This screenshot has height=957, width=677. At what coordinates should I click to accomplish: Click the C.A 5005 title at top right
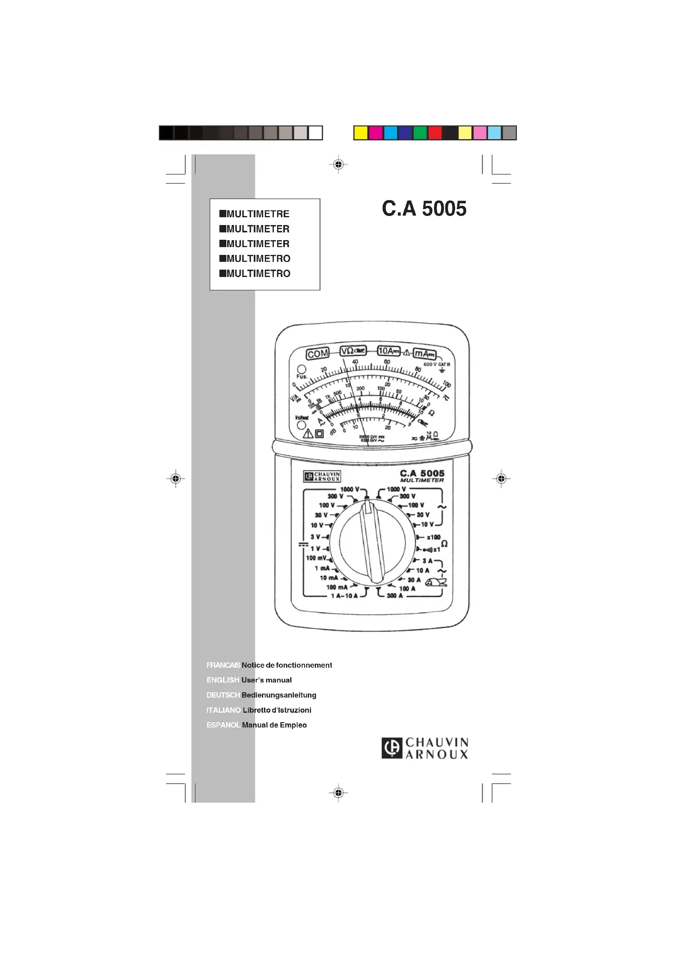click(424, 208)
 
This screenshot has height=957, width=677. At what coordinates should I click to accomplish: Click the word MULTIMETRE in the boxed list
click(257, 214)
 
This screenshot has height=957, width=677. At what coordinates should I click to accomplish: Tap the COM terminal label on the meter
click(318, 354)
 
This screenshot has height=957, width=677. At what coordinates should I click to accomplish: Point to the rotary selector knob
click(372, 543)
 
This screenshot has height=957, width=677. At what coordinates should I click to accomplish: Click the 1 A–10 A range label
click(344, 596)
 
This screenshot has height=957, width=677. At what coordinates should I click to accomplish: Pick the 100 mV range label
click(316, 558)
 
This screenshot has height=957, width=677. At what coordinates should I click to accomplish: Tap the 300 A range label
click(394, 596)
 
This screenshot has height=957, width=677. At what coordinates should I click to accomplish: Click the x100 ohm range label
click(433, 537)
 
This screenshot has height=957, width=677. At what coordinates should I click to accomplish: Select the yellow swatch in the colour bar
click(361, 133)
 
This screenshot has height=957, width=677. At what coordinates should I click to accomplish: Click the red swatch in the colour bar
click(435, 133)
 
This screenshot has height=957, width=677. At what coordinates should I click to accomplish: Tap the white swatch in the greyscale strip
click(316, 133)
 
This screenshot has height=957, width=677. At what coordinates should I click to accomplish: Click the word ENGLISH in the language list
click(223, 680)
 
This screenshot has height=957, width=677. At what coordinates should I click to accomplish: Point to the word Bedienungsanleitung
click(279, 695)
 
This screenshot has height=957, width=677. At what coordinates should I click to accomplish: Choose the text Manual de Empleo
click(274, 725)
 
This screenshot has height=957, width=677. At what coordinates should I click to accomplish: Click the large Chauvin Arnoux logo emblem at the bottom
click(392, 748)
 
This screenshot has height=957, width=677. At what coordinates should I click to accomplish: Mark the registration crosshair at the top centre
click(338, 164)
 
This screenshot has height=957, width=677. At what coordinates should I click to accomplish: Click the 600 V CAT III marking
click(436, 364)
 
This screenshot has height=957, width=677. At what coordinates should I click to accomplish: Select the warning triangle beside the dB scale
click(308, 433)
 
